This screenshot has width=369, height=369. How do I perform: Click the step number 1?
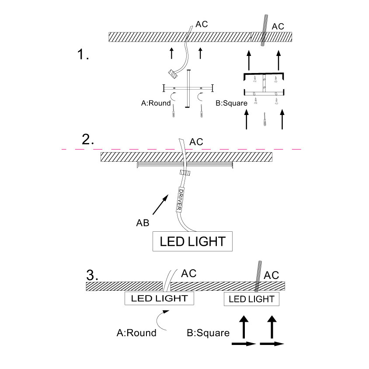[83, 55]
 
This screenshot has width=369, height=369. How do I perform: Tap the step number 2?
[88, 140]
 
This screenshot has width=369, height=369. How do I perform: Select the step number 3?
[92, 275]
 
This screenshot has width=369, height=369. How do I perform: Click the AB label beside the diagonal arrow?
[142, 223]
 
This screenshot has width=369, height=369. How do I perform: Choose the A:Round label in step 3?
[136, 333]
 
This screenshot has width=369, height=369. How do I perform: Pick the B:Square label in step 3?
[208, 333]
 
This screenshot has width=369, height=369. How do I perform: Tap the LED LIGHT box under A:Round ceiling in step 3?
[159, 299]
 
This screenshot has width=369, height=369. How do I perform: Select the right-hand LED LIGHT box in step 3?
[251, 299]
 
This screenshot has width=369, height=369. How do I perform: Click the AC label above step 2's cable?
[196, 142]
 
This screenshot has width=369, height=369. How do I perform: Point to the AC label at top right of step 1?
[278, 27]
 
